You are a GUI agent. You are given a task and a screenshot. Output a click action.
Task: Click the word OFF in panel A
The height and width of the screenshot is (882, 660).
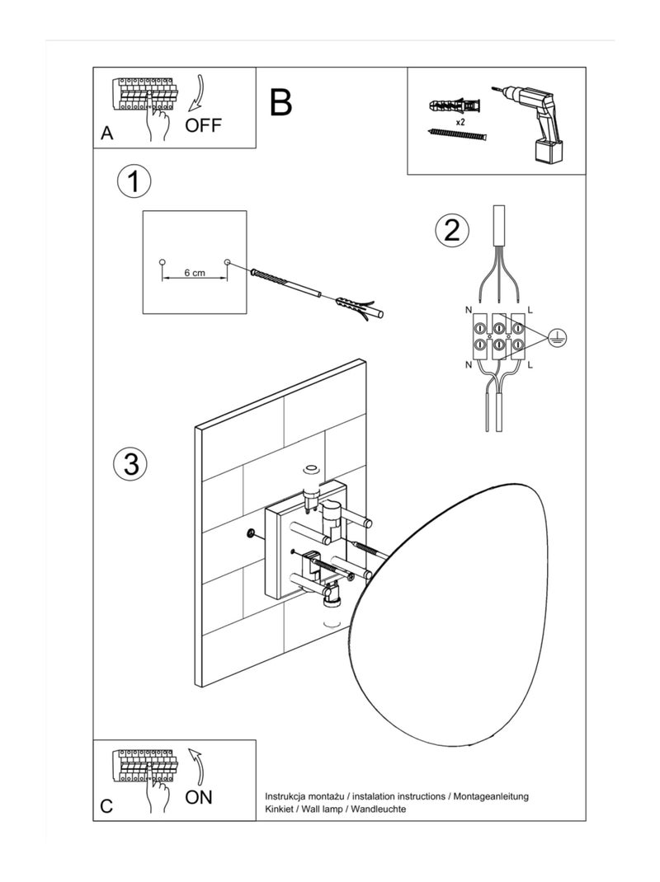tap(204, 125)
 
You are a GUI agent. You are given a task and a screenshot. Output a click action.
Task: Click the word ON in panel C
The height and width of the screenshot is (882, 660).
tap(199, 796)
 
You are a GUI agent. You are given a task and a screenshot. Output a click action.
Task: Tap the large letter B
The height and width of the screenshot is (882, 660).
tap(280, 102)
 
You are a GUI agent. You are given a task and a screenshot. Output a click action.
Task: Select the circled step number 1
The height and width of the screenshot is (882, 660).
tap(134, 181)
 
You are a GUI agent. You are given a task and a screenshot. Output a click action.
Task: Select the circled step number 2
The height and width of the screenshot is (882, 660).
tap(451, 230)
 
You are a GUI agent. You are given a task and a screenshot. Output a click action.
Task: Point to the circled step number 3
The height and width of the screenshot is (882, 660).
tap(130, 463)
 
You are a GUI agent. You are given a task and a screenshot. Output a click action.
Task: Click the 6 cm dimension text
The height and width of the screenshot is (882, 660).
tap(195, 273)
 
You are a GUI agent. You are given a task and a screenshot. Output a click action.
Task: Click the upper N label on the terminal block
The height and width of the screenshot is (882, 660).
tap(469, 309)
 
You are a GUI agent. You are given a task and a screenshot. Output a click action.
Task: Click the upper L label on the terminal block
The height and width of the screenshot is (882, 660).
tap(530, 309)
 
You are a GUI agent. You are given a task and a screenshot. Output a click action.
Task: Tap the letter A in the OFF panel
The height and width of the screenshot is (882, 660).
tap(106, 134)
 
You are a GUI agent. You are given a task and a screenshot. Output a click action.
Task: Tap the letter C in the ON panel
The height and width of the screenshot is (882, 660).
tap(106, 806)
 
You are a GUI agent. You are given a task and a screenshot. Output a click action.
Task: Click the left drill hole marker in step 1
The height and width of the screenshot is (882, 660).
tap(162, 262)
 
